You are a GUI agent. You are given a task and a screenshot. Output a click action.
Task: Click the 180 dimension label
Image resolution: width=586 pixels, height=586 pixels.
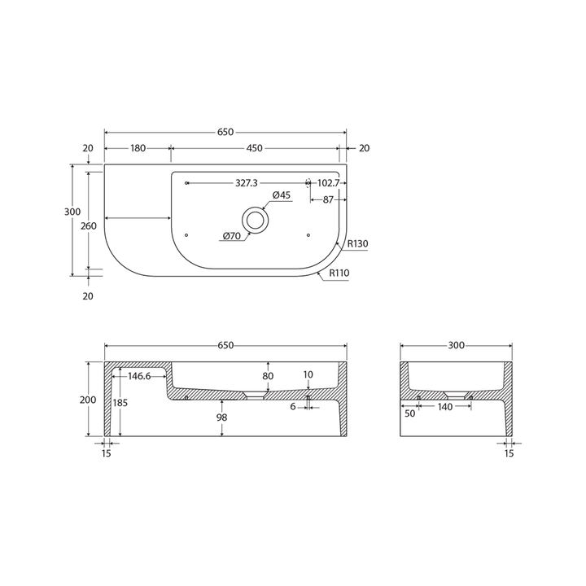click(138, 148)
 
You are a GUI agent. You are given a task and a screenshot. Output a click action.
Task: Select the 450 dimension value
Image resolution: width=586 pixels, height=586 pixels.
click(254, 148)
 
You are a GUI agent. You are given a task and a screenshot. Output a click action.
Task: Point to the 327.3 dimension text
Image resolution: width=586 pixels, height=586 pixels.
click(247, 183)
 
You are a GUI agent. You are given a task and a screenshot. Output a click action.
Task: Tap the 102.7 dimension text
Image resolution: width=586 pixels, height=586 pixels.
click(328, 183)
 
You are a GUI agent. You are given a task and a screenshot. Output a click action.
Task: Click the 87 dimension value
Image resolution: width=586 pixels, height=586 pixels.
click(328, 199)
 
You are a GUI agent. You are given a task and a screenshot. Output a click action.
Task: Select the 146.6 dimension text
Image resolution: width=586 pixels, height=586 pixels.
click(138, 376)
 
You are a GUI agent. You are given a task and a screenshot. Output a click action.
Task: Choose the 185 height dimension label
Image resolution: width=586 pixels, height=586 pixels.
click(120, 403)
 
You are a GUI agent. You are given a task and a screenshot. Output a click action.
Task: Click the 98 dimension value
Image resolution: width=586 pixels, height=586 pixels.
click(222, 417)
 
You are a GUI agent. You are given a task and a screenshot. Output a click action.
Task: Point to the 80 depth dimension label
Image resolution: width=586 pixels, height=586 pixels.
click(268, 376)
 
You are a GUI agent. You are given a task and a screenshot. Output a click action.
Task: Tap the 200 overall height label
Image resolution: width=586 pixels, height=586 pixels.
click(88, 400)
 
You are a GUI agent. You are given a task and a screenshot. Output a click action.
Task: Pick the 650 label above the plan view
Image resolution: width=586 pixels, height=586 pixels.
click(225, 132)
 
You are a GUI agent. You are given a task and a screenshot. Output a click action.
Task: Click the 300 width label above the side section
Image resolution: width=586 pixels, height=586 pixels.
click(456, 345)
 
